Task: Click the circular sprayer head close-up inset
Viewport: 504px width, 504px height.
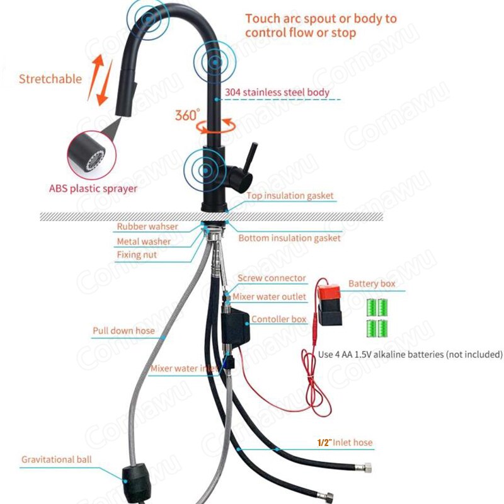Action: pos(91,155)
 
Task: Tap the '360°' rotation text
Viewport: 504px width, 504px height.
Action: pos(187,115)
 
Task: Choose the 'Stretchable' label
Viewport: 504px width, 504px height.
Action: pos(50,79)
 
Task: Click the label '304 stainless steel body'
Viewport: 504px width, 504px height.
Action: pos(277,93)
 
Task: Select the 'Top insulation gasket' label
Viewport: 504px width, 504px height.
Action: pos(290,196)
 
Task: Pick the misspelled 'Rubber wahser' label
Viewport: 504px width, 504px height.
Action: pos(147,226)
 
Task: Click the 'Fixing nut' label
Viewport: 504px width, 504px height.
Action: pos(137,255)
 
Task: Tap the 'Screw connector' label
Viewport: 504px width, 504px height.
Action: pos(272,278)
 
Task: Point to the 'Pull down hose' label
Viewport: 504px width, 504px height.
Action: pos(123,331)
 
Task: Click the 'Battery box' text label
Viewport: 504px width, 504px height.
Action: pos(372,283)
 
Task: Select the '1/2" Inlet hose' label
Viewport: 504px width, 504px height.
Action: pos(345,443)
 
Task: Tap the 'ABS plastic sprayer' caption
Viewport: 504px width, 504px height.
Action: pos(93,188)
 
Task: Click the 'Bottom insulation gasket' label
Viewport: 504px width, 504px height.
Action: pos(289,238)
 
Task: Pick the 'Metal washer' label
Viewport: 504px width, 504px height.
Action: pos(144,241)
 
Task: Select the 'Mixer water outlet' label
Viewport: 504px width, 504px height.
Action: pos(269,297)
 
